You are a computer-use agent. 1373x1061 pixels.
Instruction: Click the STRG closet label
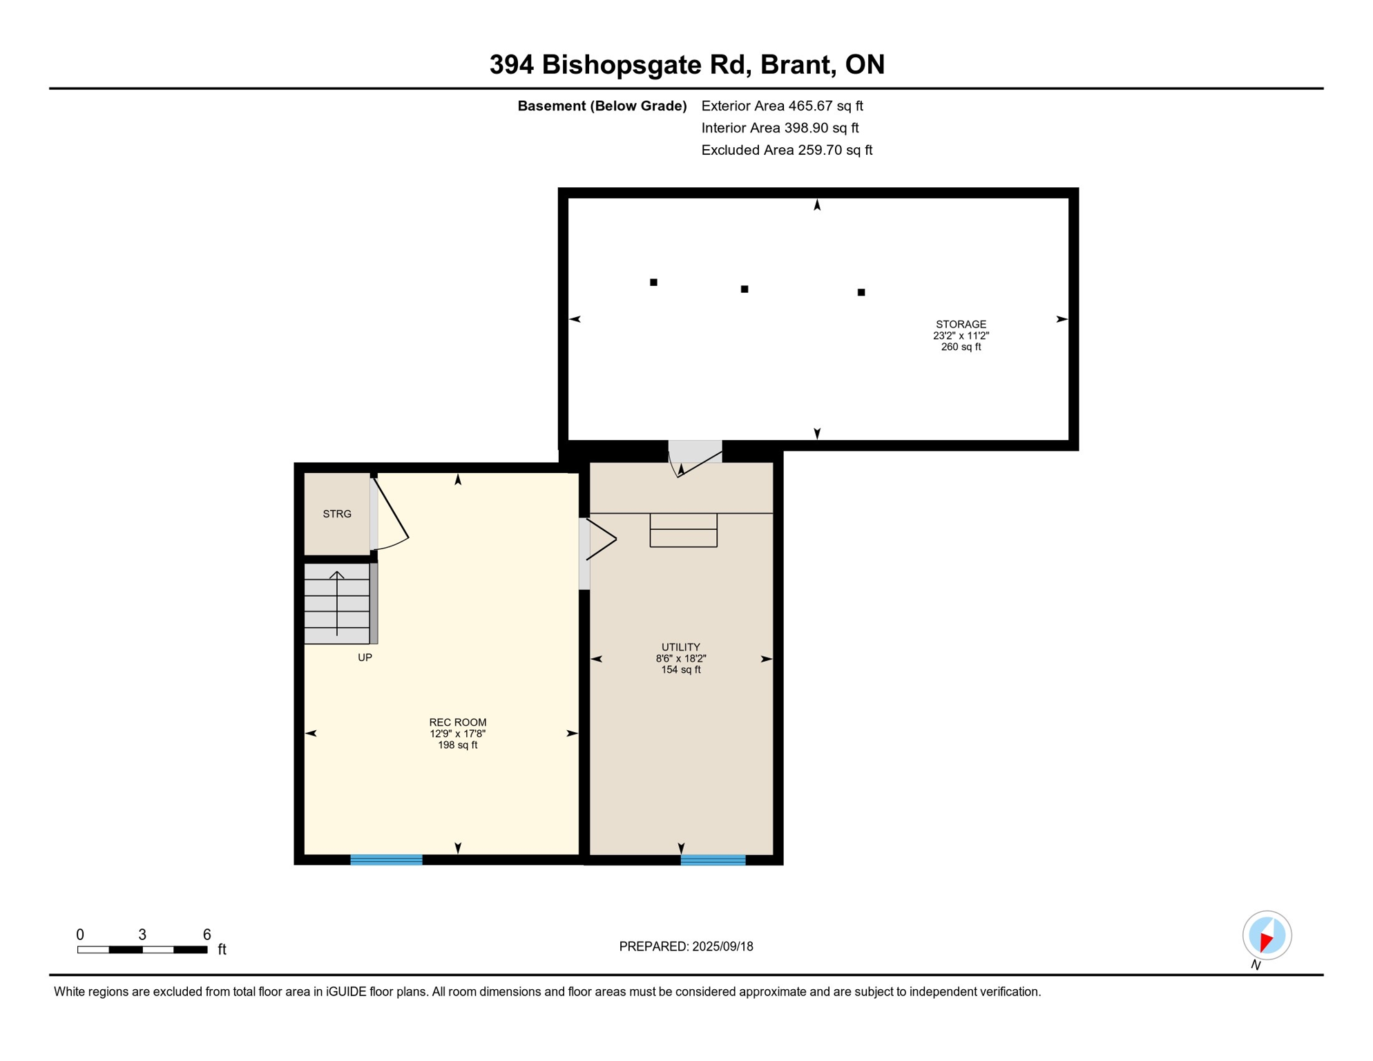337,514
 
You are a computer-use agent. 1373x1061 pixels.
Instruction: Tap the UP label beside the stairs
365,658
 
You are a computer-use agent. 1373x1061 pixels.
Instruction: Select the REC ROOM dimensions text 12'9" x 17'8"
457,734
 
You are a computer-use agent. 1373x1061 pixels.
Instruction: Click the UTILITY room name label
680,647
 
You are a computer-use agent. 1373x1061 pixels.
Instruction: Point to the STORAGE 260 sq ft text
960,347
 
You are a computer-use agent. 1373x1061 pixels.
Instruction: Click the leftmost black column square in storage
653,283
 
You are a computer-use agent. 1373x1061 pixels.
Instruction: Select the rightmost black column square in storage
861,292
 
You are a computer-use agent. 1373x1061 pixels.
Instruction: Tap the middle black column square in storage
744,289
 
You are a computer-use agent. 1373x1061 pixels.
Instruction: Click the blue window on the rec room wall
386,859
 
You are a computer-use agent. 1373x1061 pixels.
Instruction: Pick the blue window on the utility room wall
713,860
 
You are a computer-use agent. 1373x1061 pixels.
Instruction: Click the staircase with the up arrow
337,604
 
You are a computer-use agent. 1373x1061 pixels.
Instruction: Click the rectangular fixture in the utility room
683,530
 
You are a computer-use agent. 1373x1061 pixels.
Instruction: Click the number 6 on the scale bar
207,935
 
